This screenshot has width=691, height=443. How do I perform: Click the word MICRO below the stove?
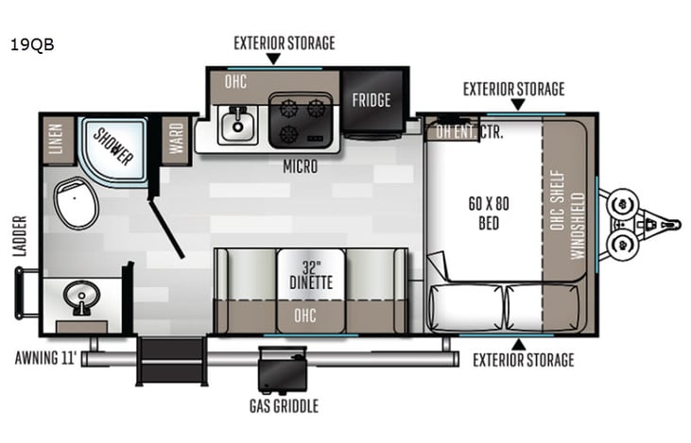point(299,167)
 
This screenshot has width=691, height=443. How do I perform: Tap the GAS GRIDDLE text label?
point(284,406)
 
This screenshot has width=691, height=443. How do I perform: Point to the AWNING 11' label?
point(45,359)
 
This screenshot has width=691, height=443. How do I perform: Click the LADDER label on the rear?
point(20,237)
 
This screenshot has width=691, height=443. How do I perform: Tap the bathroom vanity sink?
point(81,298)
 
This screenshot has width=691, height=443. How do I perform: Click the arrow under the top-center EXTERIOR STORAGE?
point(273,59)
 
